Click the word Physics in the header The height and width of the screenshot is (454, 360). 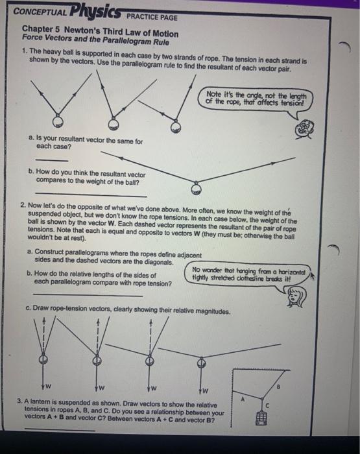pos(93,10)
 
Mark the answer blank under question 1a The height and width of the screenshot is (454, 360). pos(51,160)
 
